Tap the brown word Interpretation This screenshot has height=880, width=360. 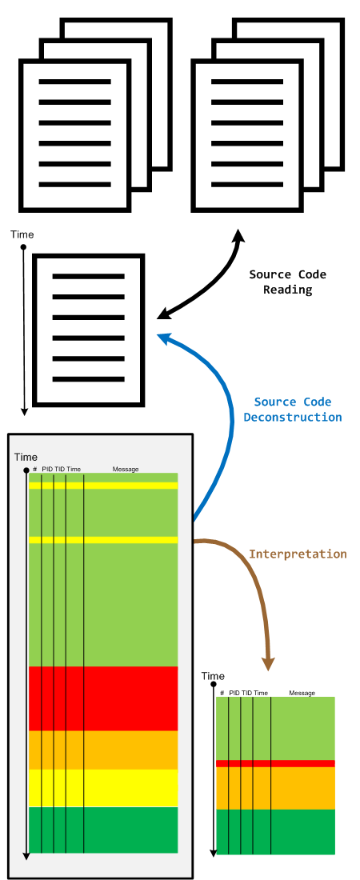tap(298, 554)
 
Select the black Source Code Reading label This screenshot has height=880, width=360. tap(287, 282)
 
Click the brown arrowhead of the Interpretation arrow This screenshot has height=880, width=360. tap(269, 662)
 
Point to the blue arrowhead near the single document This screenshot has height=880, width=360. tap(165, 338)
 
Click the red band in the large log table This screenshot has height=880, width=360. tap(103, 698)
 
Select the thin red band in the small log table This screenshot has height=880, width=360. tap(275, 763)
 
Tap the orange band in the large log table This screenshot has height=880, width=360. tap(103, 750)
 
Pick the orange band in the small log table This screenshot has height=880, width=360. tap(275, 788)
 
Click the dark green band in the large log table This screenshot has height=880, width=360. tap(103, 830)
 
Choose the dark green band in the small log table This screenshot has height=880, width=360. tap(275, 832)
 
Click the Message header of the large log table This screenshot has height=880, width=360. tap(126, 469)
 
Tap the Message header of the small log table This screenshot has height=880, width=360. tap(302, 693)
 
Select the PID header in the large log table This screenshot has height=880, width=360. tap(47, 469)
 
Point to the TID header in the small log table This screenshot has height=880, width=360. tap(246, 693)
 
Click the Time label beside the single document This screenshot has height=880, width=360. tap(22, 234)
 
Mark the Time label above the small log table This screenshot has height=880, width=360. tap(213, 676)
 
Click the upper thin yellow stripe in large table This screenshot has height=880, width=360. tap(103, 486)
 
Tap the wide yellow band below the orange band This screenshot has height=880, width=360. tap(103, 788)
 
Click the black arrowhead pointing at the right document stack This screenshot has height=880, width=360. tap(239, 235)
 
